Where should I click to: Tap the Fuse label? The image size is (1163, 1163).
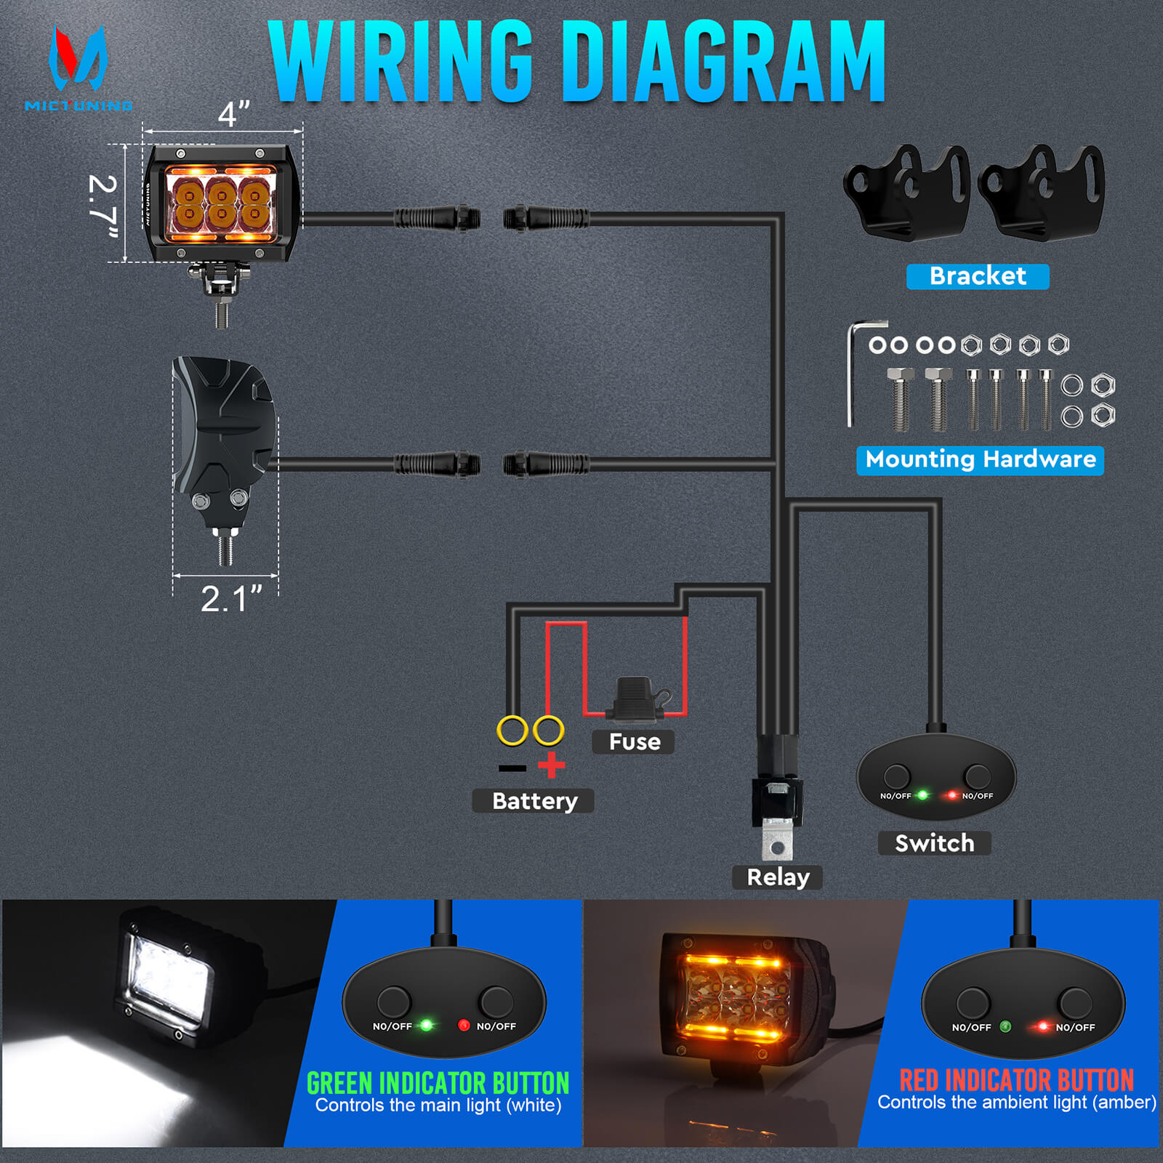click(x=634, y=742)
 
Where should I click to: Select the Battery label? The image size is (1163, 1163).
click(x=534, y=801)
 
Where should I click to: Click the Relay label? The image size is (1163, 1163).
click(x=778, y=877)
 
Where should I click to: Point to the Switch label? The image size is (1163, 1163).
click(x=934, y=843)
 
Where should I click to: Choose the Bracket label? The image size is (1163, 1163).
click(x=978, y=276)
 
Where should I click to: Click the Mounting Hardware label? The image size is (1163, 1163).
click(x=980, y=459)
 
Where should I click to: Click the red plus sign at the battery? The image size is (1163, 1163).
click(x=552, y=765)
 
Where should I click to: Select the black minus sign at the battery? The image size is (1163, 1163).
click(x=512, y=768)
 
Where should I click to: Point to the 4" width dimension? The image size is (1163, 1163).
click(x=233, y=115)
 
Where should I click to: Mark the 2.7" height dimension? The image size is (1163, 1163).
click(x=102, y=207)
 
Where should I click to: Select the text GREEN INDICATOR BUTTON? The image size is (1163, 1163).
click(x=438, y=1083)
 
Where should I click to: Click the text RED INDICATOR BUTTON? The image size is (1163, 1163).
click(x=1016, y=1080)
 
